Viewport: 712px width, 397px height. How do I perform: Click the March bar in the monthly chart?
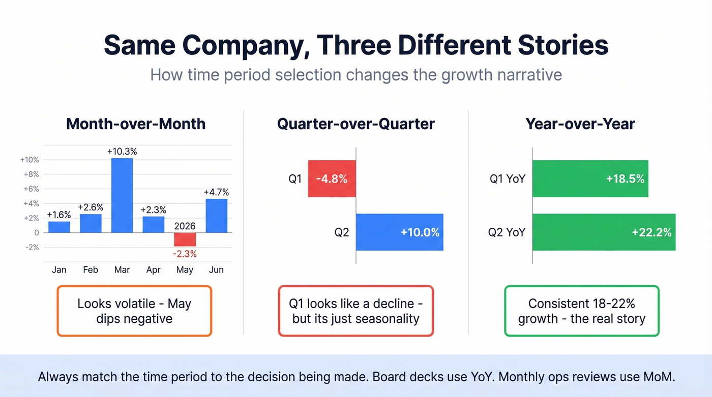122,195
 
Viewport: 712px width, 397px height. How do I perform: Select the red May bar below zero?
185,239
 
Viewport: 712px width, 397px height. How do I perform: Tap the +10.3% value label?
122,151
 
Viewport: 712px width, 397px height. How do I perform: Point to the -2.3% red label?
185,254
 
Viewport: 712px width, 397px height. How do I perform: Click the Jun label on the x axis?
216,270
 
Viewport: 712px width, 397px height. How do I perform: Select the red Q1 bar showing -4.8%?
332,179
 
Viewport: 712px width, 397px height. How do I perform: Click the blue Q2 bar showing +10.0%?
399,232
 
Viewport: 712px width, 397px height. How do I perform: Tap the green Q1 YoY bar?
590,179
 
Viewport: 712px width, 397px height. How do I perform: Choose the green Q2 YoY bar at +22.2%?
604,232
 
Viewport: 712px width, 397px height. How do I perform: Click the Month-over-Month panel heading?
136,124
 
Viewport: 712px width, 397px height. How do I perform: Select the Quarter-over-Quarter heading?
356,124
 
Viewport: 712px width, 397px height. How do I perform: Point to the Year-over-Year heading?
580,124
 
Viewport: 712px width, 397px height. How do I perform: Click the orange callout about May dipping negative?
134,311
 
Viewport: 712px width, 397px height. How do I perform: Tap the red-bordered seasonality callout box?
356,311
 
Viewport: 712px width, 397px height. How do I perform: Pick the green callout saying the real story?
581,311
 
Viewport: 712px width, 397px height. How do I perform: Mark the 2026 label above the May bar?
185,226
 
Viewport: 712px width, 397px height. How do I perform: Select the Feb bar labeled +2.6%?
91,223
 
